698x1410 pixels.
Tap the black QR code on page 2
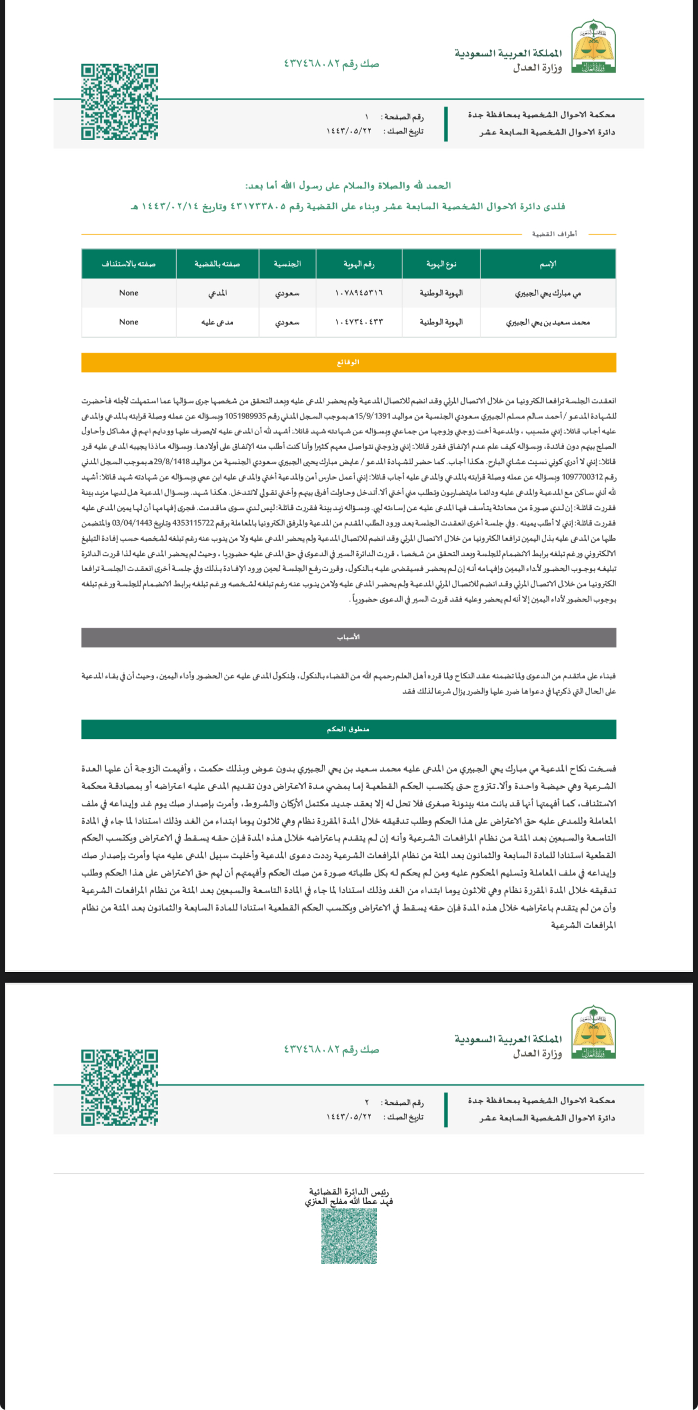pos(120,1087)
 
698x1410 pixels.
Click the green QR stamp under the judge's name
pos(348,1236)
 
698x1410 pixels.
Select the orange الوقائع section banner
pos(348,362)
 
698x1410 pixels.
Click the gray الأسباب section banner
pos(348,637)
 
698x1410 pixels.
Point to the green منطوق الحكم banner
pos(348,729)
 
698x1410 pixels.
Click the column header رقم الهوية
pos(359,264)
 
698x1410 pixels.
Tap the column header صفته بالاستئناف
pos(128,264)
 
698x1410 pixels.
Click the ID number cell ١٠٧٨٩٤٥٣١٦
pos(359,293)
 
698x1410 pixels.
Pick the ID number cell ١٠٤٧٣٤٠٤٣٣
pos(359,322)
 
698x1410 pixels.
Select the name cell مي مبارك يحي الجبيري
pos(547,294)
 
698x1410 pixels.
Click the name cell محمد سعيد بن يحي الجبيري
pos(547,323)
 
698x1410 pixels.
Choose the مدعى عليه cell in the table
pos(217,322)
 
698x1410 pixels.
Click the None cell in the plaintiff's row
pos(128,293)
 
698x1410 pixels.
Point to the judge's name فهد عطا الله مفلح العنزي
pos(348,1202)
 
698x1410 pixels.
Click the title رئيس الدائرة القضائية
pos(348,1192)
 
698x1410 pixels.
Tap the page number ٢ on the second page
pos(367,1102)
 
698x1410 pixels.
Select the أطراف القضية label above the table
pos(554,234)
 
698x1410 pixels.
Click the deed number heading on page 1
pos(331,64)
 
